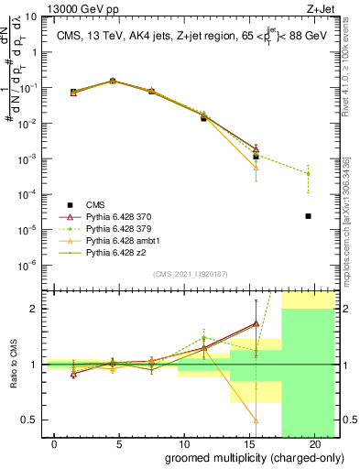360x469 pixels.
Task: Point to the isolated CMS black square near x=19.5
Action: pos(308,216)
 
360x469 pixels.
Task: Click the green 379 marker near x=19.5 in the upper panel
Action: pos(308,173)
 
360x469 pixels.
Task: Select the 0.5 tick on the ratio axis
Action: pos(33,420)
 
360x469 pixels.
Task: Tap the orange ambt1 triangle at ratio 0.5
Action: pos(256,420)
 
